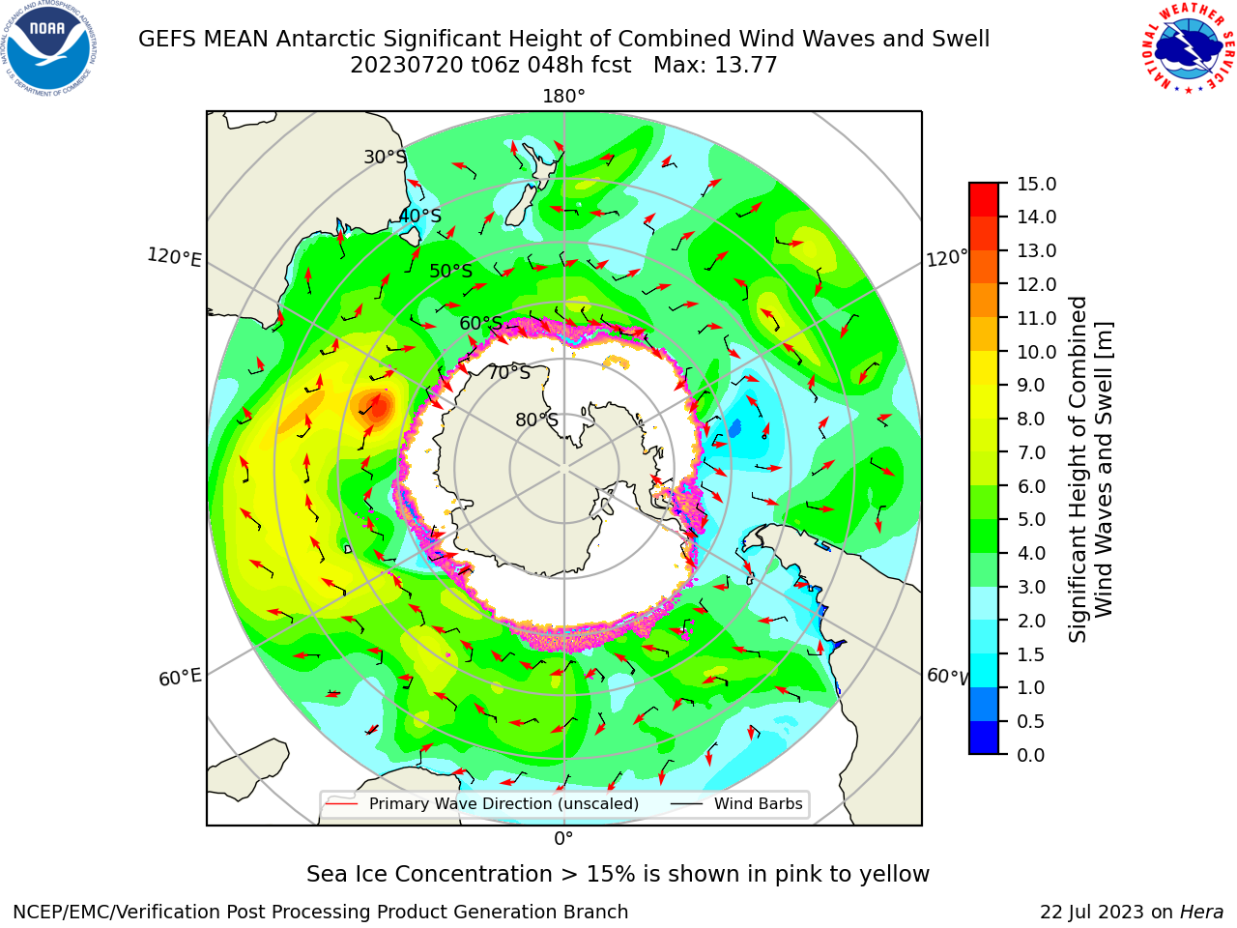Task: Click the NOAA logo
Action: click(x=49, y=48)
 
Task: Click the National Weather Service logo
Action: click(x=1188, y=48)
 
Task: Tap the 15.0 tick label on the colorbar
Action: click(x=1036, y=184)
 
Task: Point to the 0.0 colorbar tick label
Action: click(x=1031, y=755)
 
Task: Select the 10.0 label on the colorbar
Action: click(x=1036, y=352)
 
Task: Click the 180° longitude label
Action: click(x=563, y=97)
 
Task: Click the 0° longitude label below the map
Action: click(x=563, y=839)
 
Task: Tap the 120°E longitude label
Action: click(x=175, y=257)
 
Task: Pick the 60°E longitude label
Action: click(x=180, y=678)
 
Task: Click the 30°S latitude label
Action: click(x=385, y=157)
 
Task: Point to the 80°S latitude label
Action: click(x=536, y=420)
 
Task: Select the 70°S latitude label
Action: click(x=509, y=372)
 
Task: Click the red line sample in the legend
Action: click(x=341, y=804)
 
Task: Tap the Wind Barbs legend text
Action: click(x=758, y=803)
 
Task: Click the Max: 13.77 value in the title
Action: click(x=715, y=66)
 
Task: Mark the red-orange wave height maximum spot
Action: click(x=379, y=407)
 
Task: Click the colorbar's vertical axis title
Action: click(x=1090, y=470)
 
